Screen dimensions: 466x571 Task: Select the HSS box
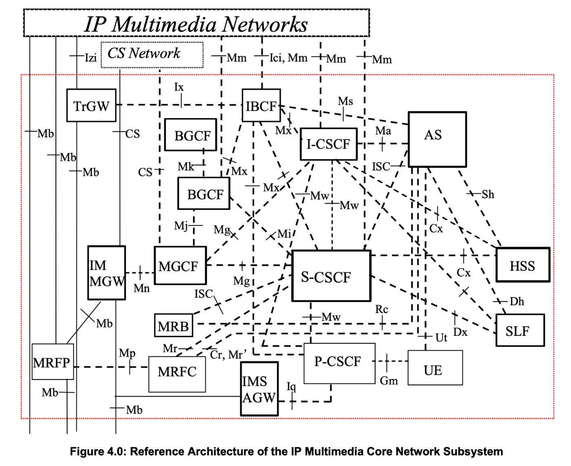tap(522, 265)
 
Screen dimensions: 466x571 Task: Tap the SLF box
tap(520, 330)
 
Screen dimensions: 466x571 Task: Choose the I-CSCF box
tap(328, 144)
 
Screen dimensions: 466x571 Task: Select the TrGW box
tap(91, 105)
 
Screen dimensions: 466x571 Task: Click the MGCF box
tap(180, 265)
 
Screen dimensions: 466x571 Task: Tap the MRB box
tap(173, 325)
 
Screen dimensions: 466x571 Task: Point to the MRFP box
tap(53, 362)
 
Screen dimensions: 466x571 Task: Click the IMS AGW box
tap(259, 389)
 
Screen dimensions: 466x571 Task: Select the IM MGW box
tap(106, 272)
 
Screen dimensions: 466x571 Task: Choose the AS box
tap(437, 139)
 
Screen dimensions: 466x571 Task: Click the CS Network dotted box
tap(152, 55)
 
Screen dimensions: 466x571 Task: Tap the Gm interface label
tap(388, 381)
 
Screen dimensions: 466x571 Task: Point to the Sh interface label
tap(488, 194)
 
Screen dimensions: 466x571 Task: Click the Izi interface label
tap(91, 58)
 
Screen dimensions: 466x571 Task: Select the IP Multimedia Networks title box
tap(196, 23)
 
